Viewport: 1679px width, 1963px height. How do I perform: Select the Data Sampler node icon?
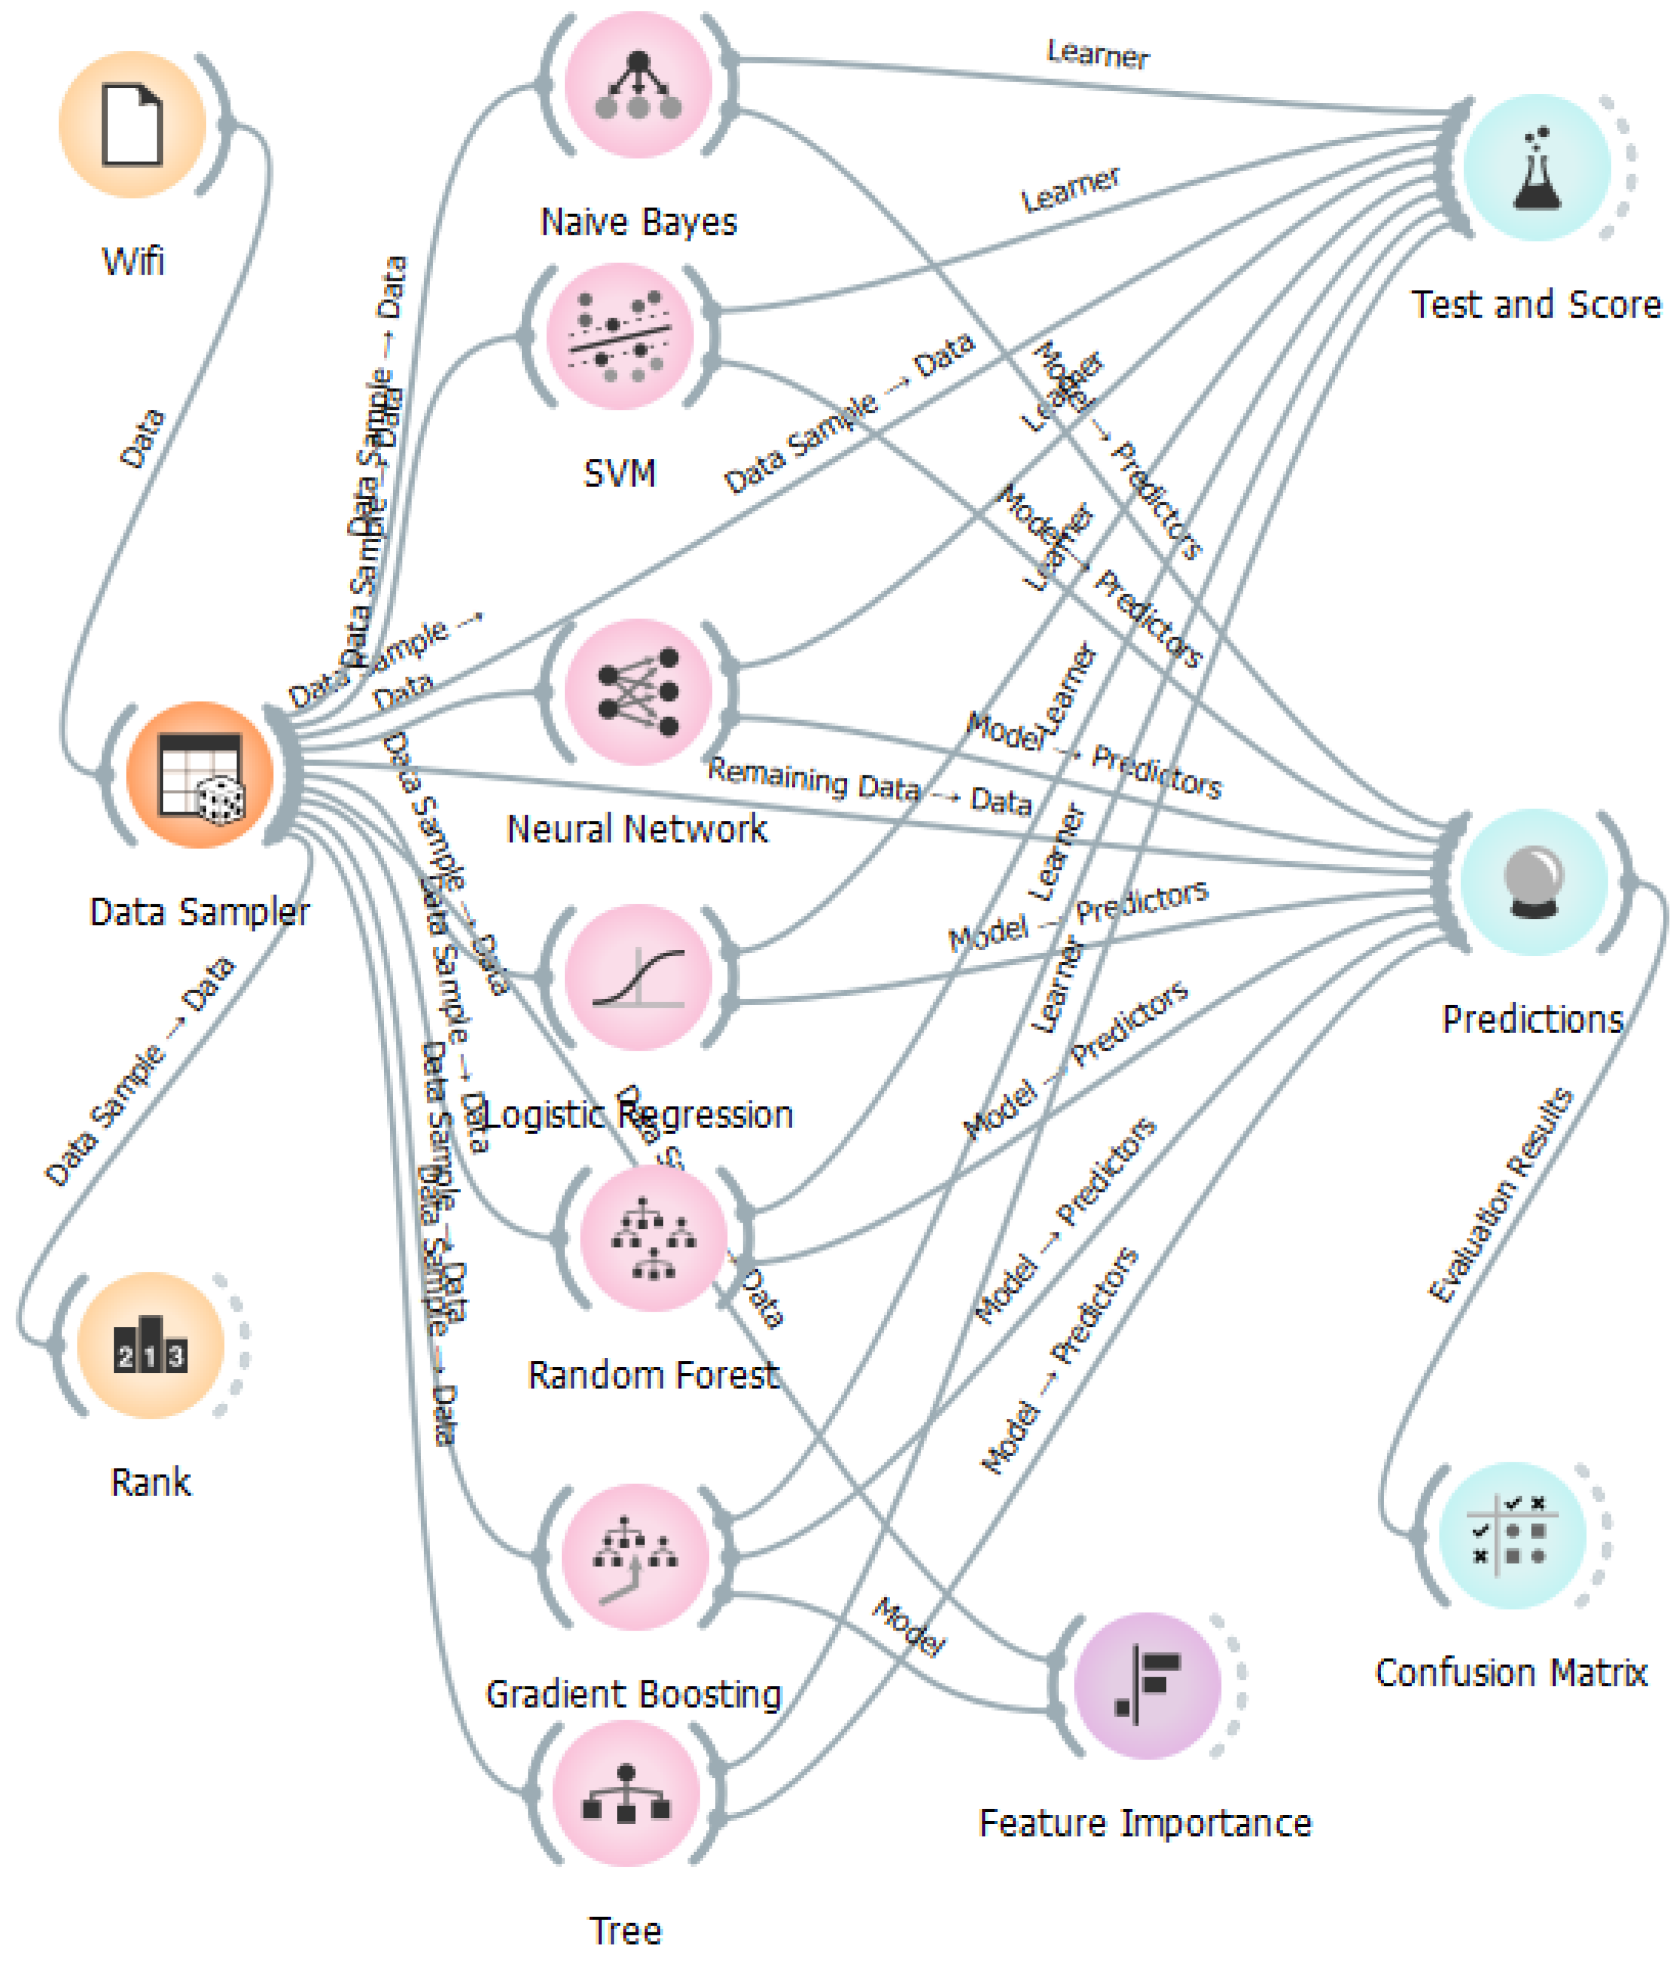coord(200,775)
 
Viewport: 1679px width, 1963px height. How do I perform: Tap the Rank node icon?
coord(151,1346)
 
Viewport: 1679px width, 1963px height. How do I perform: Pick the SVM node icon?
coord(620,336)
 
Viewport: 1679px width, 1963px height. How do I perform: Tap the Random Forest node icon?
coord(653,1238)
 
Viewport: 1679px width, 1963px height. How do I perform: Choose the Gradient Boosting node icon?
coord(635,1556)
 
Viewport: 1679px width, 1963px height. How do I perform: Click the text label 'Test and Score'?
coord(1535,305)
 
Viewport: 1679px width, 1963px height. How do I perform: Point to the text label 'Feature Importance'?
coord(1145,1823)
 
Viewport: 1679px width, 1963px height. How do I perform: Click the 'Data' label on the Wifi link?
coord(142,439)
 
